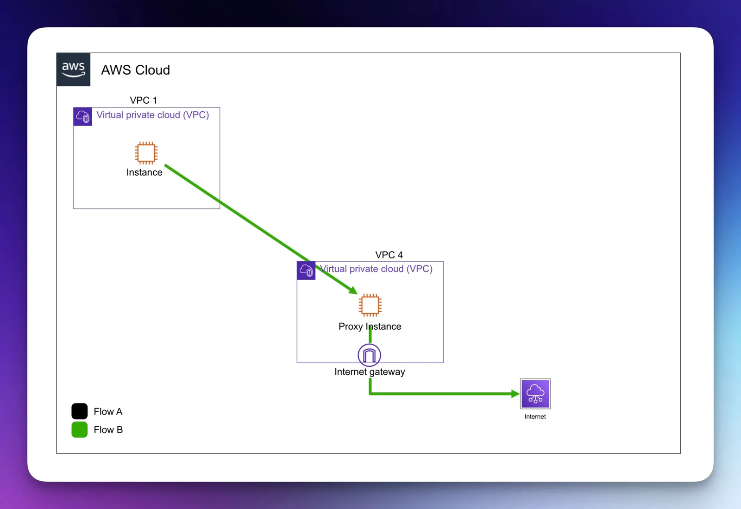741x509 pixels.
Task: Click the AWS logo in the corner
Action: click(73, 69)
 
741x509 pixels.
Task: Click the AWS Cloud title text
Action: click(135, 70)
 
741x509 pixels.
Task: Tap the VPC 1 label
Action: click(143, 100)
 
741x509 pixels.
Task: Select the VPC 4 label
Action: click(389, 255)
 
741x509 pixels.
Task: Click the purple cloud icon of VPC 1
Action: click(82, 116)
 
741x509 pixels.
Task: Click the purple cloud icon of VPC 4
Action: click(306, 270)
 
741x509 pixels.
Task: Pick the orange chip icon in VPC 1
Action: click(146, 153)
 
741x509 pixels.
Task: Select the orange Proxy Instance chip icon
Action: click(370, 305)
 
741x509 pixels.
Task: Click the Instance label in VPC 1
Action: click(144, 172)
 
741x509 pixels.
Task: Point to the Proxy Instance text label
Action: click(370, 327)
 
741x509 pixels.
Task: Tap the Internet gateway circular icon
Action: click(369, 355)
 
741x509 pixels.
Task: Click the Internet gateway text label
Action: click(370, 372)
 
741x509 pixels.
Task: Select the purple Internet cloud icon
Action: click(535, 394)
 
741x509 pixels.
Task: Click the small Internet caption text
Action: click(535, 416)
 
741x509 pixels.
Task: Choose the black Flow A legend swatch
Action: click(79, 411)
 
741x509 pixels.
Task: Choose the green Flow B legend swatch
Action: click(79, 429)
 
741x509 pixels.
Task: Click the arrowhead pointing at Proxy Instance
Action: click(353, 290)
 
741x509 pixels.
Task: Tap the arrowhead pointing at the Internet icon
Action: click(515, 394)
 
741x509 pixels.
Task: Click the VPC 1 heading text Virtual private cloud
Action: click(152, 115)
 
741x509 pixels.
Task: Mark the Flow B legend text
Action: click(108, 430)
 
